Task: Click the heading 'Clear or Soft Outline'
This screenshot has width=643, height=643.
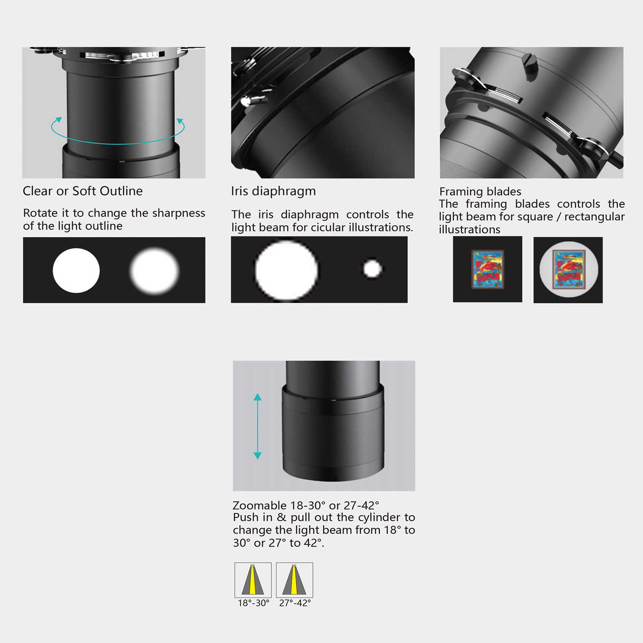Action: [83, 191]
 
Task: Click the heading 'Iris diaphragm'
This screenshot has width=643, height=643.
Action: [273, 191]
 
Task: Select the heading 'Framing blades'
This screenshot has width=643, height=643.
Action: [480, 192]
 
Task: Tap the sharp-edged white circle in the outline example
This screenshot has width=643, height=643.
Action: [76, 270]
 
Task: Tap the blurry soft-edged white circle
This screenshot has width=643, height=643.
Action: [154, 270]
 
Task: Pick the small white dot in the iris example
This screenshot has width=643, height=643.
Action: [373, 269]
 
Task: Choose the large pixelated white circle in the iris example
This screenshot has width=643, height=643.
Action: [287, 270]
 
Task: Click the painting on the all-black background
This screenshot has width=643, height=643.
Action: [487, 270]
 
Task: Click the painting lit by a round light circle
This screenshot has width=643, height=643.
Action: [568, 269]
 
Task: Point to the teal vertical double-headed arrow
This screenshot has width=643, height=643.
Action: [258, 426]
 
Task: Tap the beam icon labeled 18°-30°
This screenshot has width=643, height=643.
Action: [253, 580]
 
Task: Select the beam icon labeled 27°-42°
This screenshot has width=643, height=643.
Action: [295, 580]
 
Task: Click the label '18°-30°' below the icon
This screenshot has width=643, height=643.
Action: [254, 603]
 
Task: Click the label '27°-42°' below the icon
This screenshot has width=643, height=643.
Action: [295, 603]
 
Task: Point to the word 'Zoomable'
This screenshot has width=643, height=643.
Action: [260, 505]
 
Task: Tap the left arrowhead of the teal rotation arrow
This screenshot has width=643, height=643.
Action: [59, 120]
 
